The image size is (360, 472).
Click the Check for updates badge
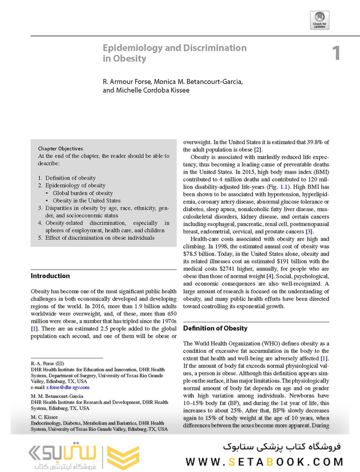pyautogui.click(x=319, y=20)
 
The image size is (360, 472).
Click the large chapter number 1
pyautogui.click(x=336, y=54)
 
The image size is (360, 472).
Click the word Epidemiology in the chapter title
pyautogui.click(x=130, y=48)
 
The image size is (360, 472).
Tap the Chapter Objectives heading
pyautogui.click(x=60, y=149)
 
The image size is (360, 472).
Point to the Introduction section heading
pyautogui.click(x=50, y=276)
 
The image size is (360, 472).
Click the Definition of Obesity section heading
pyautogui.click(x=215, y=329)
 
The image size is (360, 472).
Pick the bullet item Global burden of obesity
pyautogui.click(x=83, y=193)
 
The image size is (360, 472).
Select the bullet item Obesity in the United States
pyautogui.click(x=86, y=201)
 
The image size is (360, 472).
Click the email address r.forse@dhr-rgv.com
pyautogui.click(x=68, y=388)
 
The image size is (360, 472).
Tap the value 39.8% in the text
pyautogui.click(x=316, y=142)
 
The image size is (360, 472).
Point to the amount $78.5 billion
pyautogui.click(x=201, y=254)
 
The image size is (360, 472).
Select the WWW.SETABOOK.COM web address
pyautogui.click(x=264, y=462)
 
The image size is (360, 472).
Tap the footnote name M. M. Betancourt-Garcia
pyautogui.click(x=57, y=396)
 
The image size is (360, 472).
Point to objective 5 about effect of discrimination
pyautogui.click(x=100, y=238)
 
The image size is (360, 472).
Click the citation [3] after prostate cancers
pyautogui.click(x=310, y=231)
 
